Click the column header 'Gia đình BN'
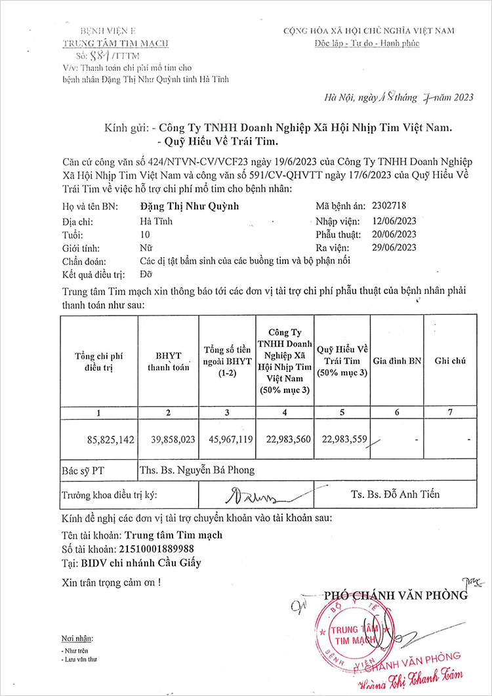[397, 361]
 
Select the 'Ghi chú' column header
[450, 361]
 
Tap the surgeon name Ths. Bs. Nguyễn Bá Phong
[197, 470]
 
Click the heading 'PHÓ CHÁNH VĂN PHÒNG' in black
[396, 595]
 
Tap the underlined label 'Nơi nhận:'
[77, 638]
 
